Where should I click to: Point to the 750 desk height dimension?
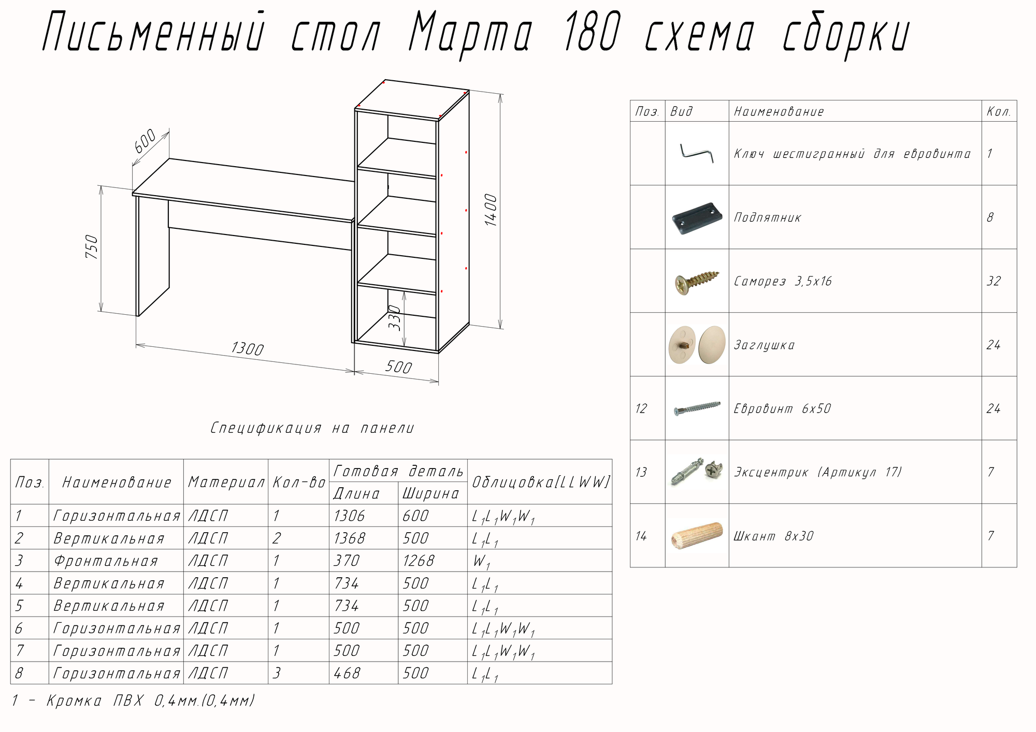pos(92,247)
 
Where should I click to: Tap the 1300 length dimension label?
pos(247,348)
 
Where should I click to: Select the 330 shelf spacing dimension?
pos(395,317)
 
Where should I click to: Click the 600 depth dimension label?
pos(145,141)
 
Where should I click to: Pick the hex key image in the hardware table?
pos(697,153)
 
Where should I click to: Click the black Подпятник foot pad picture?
pos(697,217)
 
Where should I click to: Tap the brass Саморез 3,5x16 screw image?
pos(697,281)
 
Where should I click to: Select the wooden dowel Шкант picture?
pos(697,536)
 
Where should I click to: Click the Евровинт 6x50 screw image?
pos(697,408)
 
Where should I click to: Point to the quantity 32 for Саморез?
pos(994,281)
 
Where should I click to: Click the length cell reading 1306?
pos(350,516)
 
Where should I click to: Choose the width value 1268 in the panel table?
pos(419,561)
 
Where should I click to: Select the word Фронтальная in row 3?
pos(106,561)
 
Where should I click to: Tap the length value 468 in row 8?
pos(347,673)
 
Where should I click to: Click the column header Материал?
pos(226,482)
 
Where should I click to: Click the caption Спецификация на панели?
pos(312,428)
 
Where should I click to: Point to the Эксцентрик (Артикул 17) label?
pos(817,472)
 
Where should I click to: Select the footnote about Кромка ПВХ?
pos(133,701)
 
